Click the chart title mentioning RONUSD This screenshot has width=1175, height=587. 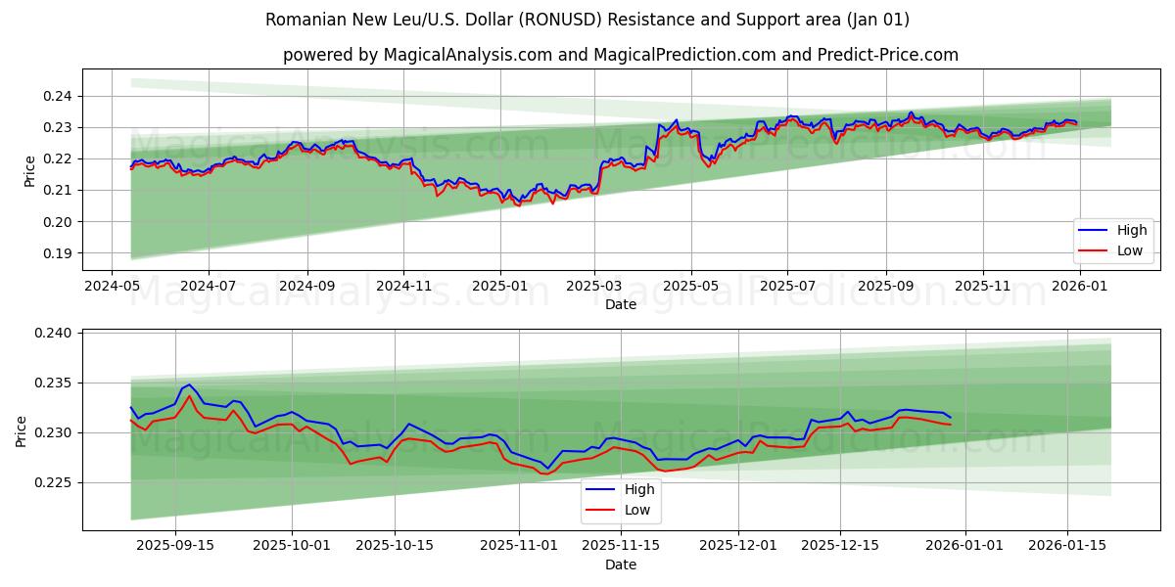pyautogui.click(x=587, y=20)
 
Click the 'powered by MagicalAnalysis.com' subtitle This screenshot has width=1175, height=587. pyautogui.click(x=620, y=55)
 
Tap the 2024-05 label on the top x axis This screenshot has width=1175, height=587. pyautogui.click(x=112, y=286)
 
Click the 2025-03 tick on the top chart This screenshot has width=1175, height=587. pyautogui.click(x=594, y=286)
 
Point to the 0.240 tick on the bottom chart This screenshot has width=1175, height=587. pyautogui.click(x=53, y=334)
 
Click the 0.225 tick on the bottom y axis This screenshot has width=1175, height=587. pyautogui.click(x=53, y=482)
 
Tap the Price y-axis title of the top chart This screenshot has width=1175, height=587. pyautogui.click(x=29, y=170)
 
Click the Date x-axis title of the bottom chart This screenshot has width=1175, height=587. pyautogui.click(x=620, y=564)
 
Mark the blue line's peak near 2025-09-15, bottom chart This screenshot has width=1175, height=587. pyautogui.click(x=189, y=384)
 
